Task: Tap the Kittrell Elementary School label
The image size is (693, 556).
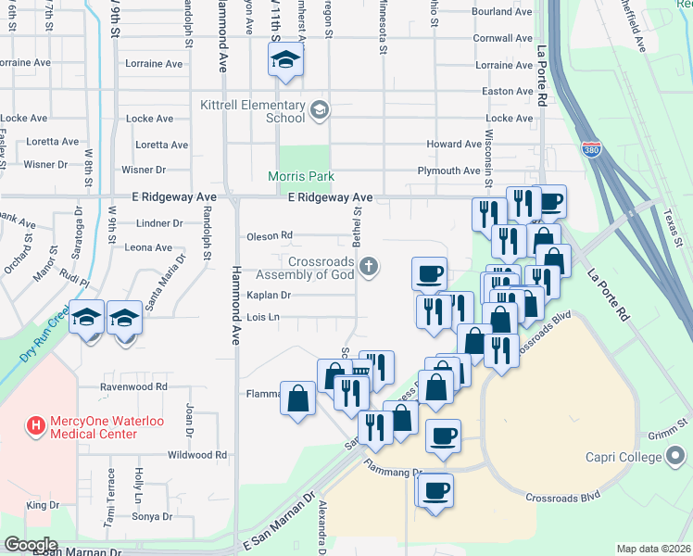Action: point(253,111)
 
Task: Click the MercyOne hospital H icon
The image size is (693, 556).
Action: point(35,426)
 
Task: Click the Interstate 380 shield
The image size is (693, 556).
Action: point(590,148)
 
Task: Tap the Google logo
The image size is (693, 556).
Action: point(31,545)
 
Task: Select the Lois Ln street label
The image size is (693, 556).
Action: point(263,318)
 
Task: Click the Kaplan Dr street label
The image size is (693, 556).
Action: point(269,296)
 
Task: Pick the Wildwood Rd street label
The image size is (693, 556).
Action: point(197,455)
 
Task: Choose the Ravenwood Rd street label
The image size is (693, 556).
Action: point(135,386)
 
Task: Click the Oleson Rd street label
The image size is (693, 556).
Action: point(270,236)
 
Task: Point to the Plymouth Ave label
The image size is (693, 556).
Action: point(448,171)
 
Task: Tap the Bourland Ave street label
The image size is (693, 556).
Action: point(502,12)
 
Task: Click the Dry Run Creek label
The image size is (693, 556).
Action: point(44,333)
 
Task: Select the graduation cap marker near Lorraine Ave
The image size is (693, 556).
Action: point(286,61)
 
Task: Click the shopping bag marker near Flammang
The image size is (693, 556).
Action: point(298,399)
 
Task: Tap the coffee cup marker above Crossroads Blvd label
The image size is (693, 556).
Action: point(435,490)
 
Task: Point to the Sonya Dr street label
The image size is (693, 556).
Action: point(154,516)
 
